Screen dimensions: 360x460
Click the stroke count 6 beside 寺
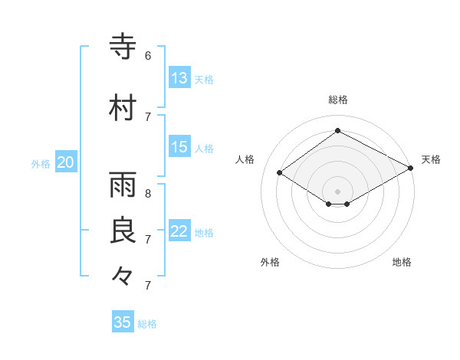tap(148, 56)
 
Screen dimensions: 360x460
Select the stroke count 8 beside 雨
tap(148, 194)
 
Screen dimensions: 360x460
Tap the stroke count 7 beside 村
tap(148, 116)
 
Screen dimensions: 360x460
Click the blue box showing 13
tap(179, 78)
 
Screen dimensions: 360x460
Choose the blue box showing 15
tap(179, 147)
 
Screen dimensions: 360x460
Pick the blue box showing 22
tap(179, 232)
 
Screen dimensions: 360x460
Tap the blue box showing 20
tap(66, 162)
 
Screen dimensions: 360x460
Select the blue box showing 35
tap(123, 322)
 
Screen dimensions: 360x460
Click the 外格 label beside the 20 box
tap(41, 163)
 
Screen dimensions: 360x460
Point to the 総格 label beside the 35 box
tap(147, 324)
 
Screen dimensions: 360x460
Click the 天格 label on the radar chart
tap(431, 159)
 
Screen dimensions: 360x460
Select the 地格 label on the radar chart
tap(402, 262)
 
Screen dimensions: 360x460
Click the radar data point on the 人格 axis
tap(280, 173)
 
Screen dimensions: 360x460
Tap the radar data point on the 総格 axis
tap(337, 131)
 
